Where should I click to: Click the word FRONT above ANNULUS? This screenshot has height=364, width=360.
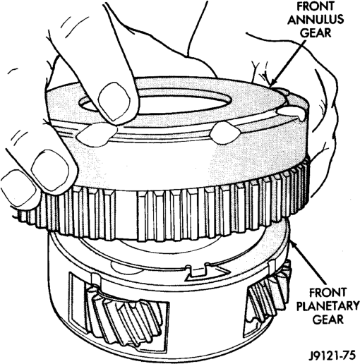tap(316, 6)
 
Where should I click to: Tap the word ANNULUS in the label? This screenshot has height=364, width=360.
tap(316, 20)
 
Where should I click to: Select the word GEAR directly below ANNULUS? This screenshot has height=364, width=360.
tap(316, 32)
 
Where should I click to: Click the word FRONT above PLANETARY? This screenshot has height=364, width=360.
tap(328, 293)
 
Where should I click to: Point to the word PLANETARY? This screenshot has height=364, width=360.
tap(328, 306)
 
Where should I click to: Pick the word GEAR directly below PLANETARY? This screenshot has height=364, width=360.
tap(328, 320)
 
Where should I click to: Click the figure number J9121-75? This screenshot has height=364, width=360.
tap(332, 356)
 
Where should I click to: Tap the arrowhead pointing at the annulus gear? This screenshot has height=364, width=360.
tap(274, 81)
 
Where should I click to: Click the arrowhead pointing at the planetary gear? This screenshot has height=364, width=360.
tap(294, 245)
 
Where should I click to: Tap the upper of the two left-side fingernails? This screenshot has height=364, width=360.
tap(50, 169)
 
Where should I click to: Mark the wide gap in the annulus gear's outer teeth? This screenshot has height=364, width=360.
tap(126, 212)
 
